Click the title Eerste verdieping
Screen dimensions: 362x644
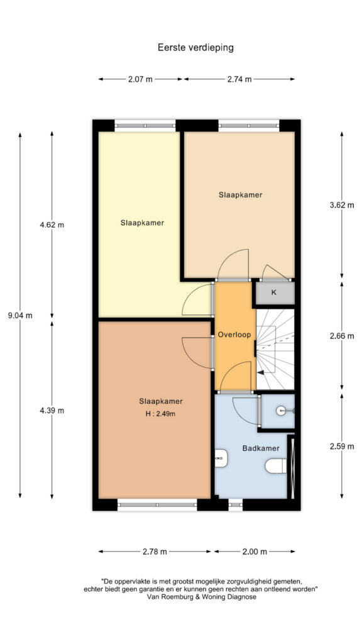coord(196,48)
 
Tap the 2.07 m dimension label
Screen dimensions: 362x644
coord(140,79)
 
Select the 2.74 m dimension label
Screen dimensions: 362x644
coord(239,79)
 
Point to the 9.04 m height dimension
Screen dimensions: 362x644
coord(20,316)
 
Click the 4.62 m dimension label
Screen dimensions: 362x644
coord(52,225)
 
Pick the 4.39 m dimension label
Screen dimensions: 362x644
coord(52,410)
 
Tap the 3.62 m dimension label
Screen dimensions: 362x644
coord(341,205)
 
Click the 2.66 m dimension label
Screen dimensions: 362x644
coord(341,336)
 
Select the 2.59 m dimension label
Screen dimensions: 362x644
coord(341,447)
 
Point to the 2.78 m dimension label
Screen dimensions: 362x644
coord(155,552)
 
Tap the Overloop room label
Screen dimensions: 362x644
coord(234,335)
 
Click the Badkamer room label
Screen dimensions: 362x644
coord(261,448)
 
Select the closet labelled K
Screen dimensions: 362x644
coord(273,293)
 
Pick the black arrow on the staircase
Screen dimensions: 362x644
coord(260,372)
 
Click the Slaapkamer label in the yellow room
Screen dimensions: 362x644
coord(143,223)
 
